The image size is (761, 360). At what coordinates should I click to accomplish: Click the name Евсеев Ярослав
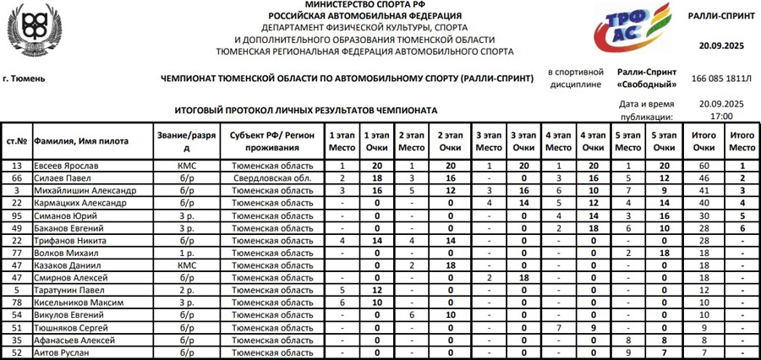[65, 166]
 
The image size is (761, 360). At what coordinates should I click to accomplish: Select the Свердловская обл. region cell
[273, 179]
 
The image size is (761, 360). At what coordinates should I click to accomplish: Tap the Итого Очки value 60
[704, 166]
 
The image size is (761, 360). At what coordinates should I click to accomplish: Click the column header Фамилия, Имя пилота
[80, 141]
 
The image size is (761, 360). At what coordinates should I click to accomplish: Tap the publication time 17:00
[721, 116]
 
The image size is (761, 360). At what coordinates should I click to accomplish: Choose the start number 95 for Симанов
[15, 216]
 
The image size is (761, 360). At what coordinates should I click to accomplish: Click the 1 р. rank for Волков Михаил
[187, 253]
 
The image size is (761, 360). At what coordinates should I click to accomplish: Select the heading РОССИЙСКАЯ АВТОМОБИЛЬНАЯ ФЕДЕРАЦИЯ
[365, 15]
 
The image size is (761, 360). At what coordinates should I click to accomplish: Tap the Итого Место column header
[742, 141]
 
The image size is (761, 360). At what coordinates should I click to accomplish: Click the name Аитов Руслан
[62, 352]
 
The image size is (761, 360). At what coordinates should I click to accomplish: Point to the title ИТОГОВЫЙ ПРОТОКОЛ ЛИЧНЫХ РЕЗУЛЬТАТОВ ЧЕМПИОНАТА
[306, 110]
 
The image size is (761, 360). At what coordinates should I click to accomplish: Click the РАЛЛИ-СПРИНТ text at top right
[721, 15]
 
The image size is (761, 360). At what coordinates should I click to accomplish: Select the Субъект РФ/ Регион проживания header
[273, 141]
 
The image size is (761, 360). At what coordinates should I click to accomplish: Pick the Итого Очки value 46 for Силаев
[704, 179]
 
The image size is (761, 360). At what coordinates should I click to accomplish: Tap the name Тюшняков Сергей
[69, 327]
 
